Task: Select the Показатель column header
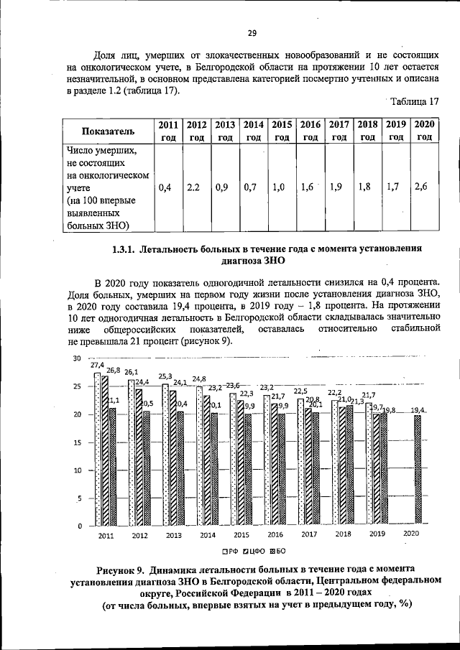point(108,131)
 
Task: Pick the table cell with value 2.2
point(193,187)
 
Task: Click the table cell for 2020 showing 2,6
point(420,187)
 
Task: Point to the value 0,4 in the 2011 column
point(165,187)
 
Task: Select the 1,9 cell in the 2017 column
point(334,187)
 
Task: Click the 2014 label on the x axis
point(208,535)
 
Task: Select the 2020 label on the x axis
point(411,534)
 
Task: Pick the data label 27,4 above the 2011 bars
point(97,365)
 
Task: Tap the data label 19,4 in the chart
point(417,409)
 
